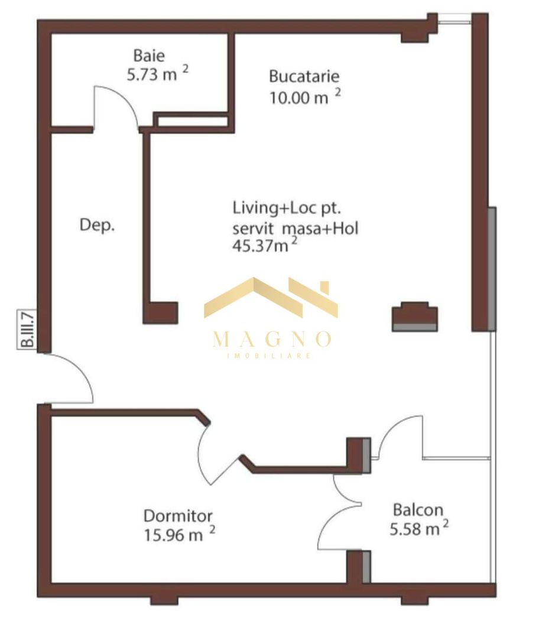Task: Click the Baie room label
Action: [149, 56]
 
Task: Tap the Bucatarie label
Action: [304, 76]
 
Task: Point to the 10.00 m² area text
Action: [304, 96]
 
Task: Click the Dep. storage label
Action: [97, 225]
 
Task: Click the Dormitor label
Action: [178, 515]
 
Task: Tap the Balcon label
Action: [418, 510]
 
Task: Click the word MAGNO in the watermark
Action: [271, 340]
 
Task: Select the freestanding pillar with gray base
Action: [415, 317]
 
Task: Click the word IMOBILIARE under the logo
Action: [270, 356]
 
